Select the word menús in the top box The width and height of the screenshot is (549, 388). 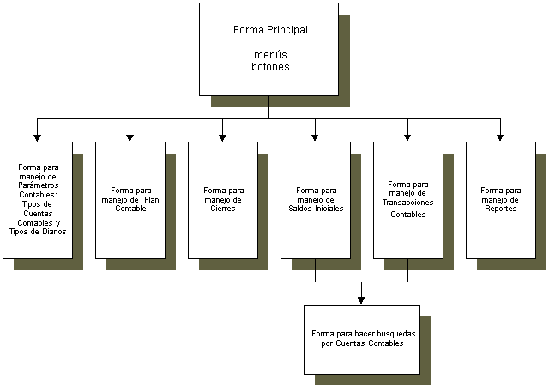click(x=269, y=53)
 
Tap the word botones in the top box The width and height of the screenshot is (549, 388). click(x=269, y=65)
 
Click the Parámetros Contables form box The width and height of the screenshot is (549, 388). click(x=37, y=199)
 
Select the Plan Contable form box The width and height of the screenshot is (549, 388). click(x=130, y=199)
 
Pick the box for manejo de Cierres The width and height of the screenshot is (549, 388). click(x=222, y=199)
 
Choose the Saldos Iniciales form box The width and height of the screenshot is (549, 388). click(x=315, y=199)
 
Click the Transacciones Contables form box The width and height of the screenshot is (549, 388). click(x=407, y=199)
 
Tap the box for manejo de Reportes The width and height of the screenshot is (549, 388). click(x=500, y=199)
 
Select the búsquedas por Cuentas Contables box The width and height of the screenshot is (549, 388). click(x=361, y=339)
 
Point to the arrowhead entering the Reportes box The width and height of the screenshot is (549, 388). click(x=500, y=136)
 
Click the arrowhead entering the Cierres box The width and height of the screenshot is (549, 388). click(x=222, y=136)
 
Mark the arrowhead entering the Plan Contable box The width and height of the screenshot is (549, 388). click(x=130, y=136)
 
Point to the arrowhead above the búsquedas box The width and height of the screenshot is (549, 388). click(x=361, y=300)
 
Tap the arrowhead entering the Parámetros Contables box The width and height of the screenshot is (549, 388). click(x=37, y=136)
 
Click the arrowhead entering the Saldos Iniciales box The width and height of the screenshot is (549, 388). click(x=315, y=136)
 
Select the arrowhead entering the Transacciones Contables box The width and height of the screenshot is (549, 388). click(x=407, y=136)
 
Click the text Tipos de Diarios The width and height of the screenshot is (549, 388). click(x=37, y=231)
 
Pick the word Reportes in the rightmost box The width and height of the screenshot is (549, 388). click(x=500, y=209)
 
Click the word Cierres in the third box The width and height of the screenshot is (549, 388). click(x=223, y=209)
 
